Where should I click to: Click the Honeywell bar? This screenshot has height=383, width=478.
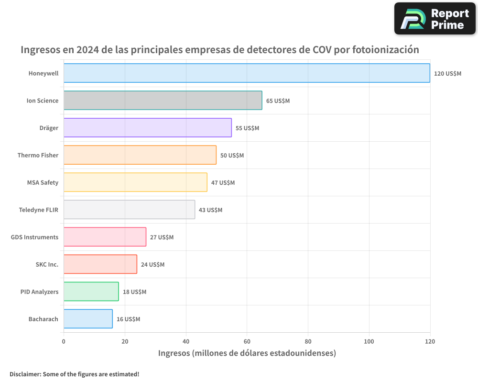pyautogui.click(x=247, y=73)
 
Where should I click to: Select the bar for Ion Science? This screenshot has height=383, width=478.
pyautogui.click(x=163, y=101)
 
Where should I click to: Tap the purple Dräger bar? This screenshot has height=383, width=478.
pyautogui.click(x=147, y=128)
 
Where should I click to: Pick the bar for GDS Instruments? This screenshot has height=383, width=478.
pyautogui.click(x=105, y=237)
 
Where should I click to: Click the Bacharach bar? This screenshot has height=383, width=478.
pyautogui.click(x=88, y=319)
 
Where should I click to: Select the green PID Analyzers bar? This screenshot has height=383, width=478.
pyautogui.click(x=91, y=292)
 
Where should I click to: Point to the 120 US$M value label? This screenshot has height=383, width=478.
pyautogui.click(x=447, y=74)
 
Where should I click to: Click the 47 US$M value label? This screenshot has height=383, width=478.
pyautogui.click(x=223, y=183)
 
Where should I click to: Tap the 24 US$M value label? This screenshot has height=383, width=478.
pyautogui.click(x=152, y=265)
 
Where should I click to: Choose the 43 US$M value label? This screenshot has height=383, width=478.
pyautogui.click(x=210, y=210)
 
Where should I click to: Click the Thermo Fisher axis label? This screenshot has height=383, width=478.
pyautogui.click(x=38, y=156)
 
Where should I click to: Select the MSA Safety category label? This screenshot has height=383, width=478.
pyautogui.click(x=43, y=183)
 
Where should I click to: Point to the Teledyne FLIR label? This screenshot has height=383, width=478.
pyautogui.click(x=38, y=210)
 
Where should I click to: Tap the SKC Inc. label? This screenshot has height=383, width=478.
pyautogui.click(x=47, y=265)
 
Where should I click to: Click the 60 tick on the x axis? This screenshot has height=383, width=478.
pyautogui.click(x=247, y=342)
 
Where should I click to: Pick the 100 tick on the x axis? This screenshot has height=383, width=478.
pyautogui.click(x=369, y=342)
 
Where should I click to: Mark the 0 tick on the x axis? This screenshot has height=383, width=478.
pyautogui.click(x=64, y=342)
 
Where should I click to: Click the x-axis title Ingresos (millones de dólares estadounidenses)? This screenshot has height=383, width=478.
pyautogui.click(x=247, y=354)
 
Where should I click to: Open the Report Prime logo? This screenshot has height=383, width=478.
pyautogui.click(x=435, y=19)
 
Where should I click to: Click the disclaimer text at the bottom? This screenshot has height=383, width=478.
pyautogui.click(x=74, y=374)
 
